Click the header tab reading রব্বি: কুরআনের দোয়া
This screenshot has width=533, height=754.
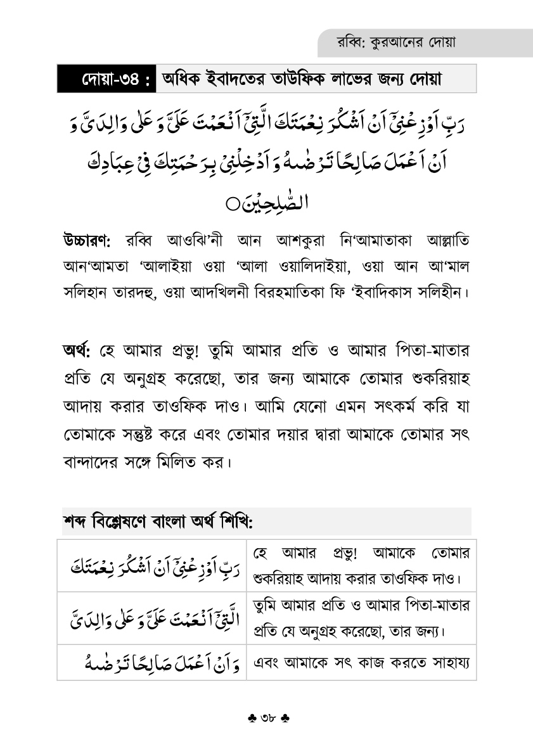click(x=397, y=43)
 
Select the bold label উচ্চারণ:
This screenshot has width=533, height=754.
click(x=87, y=241)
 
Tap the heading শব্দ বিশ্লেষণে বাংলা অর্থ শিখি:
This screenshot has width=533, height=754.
click(x=157, y=521)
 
